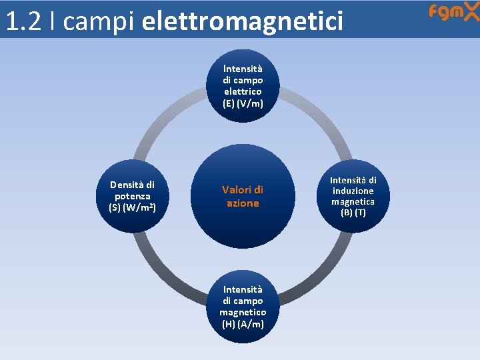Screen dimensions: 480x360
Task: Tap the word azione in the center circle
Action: [x=243, y=203]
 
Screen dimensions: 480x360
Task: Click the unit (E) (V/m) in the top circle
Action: [x=243, y=103]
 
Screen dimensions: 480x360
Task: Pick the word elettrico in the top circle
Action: [x=243, y=91]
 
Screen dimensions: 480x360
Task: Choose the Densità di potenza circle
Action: [x=132, y=196]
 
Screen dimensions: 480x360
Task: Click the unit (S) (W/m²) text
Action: [x=132, y=207]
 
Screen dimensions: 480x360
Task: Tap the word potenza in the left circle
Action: [x=132, y=196]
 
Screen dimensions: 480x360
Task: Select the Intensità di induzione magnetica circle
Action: [x=353, y=196]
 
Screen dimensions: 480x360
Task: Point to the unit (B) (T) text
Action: [x=353, y=213]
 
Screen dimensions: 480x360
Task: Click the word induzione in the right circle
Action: [x=353, y=191]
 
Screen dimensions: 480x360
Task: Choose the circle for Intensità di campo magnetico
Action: [x=243, y=307]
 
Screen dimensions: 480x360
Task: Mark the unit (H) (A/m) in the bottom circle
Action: [x=243, y=324]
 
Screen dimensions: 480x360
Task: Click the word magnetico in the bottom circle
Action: [x=243, y=312]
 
